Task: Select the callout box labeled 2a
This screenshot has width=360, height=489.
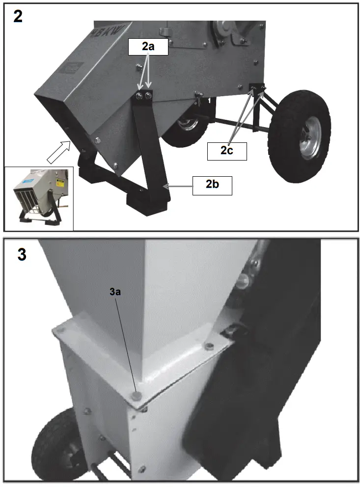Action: (x=148, y=47)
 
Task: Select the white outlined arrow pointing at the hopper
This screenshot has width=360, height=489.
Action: (x=58, y=151)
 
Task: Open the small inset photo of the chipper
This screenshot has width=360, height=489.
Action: (x=38, y=198)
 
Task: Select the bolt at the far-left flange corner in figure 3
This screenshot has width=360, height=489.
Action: (x=60, y=333)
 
